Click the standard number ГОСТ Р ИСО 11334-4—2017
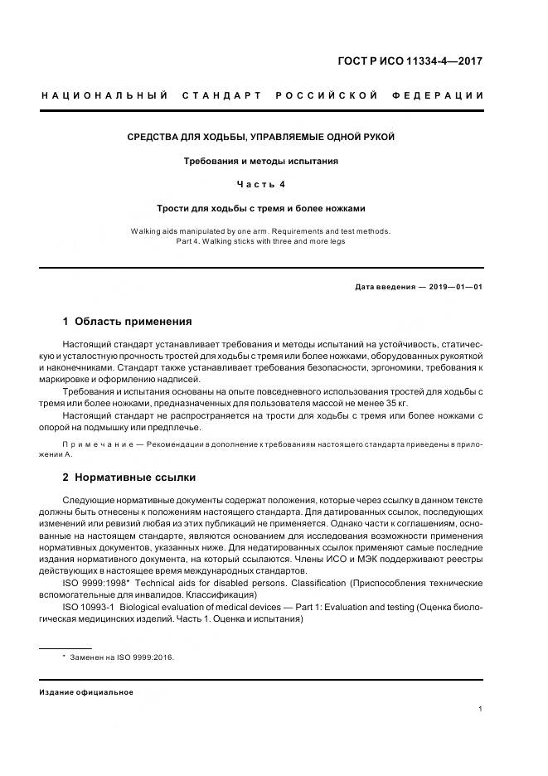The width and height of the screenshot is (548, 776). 410,61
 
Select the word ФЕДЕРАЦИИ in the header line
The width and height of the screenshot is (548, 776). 445,96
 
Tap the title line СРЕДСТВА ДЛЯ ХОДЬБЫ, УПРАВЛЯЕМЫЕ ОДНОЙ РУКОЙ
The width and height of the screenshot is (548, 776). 259,136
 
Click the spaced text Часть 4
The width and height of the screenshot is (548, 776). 260,184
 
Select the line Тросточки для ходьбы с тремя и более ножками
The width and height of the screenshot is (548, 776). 260,208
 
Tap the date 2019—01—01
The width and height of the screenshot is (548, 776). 455,287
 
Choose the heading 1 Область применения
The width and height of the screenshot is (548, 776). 127,321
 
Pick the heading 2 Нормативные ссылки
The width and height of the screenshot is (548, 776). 129,477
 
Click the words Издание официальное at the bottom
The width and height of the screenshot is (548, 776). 86,692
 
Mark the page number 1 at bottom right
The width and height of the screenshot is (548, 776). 481,709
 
